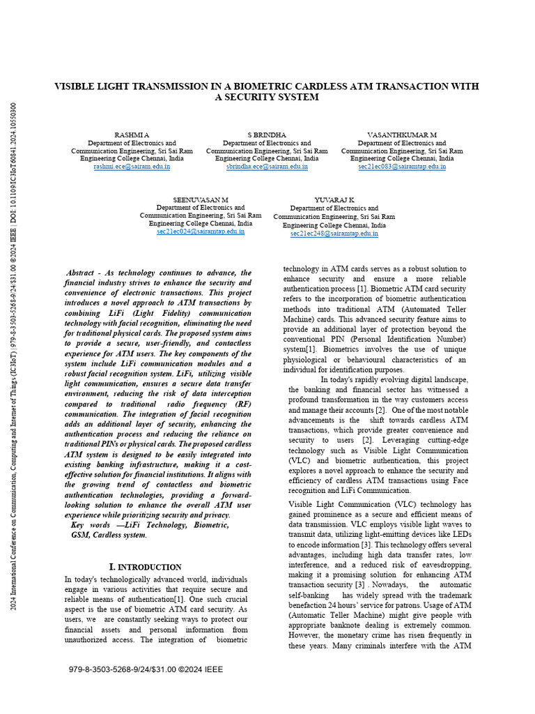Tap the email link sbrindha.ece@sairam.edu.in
[267, 167]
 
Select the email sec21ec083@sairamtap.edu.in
[402, 167]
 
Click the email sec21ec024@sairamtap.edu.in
[201, 231]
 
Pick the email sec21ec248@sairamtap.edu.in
[334, 234]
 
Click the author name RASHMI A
[132, 135]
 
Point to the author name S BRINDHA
[267, 135]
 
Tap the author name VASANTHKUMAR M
[402, 135]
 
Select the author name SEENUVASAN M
[201, 199]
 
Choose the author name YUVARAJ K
[334, 199]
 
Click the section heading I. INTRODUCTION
[146, 567]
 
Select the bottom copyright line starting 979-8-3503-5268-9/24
[146, 669]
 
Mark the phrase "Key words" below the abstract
[91, 525]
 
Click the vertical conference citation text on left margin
[13, 356]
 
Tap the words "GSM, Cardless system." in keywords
[109, 535]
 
